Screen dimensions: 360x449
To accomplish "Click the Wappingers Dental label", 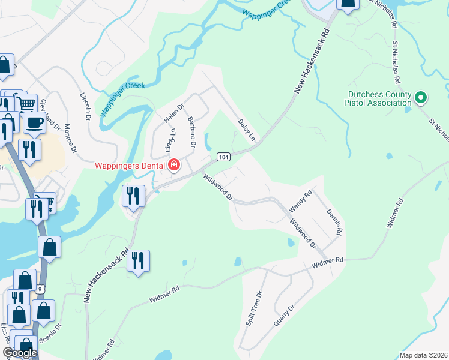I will tap(130, 165).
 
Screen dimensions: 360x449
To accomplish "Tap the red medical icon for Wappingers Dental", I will tap(174, 164).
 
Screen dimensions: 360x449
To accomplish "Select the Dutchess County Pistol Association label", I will tap(381, 99).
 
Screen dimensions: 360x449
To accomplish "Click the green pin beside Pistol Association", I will tap(421, 97).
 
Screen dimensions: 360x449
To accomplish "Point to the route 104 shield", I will tap(223, 157).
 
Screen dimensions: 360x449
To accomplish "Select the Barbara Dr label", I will tap(191, 132).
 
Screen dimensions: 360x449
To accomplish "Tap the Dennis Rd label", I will tap(334, 222).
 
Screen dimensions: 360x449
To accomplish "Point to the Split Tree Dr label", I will tap(255, 308).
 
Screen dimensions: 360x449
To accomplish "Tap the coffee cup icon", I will tap(34, 123).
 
